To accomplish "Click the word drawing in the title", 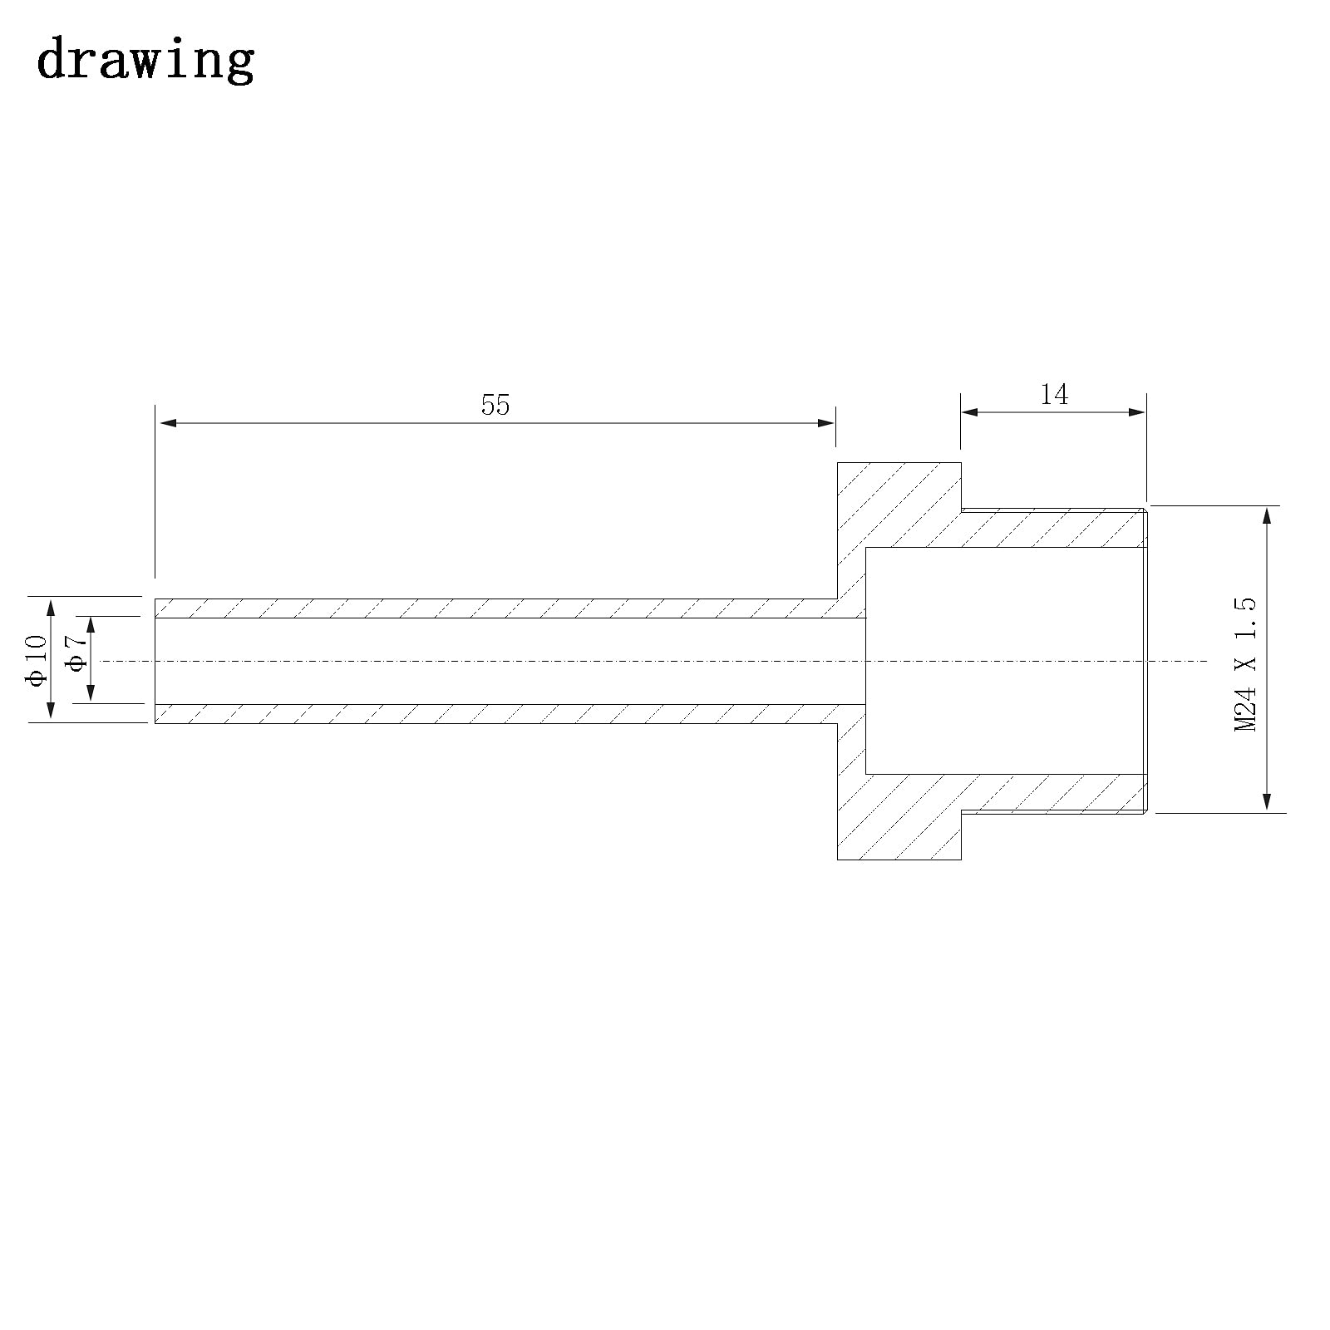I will click(x=145, y=60).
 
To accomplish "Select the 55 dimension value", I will click(x=495, y=405).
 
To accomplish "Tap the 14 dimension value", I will click(x=1054, y=394).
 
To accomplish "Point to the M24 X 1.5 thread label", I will click(x=1245, y=664).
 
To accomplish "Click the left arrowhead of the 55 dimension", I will click(x=167, y=423).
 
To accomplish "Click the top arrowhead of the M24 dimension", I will click(x=1267, y=515).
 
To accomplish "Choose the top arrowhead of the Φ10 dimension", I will click(x=51, y=607).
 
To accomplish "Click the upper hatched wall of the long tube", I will click(x=499, y=608).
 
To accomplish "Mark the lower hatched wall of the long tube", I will click(x=499, y=713).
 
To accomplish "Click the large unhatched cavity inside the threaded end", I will click(x=1006, y=661).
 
